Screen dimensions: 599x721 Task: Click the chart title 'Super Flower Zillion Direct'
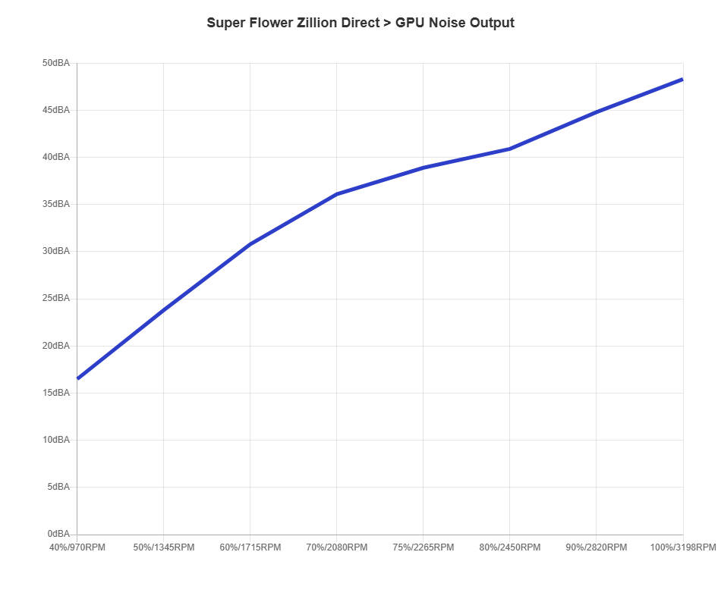pyautogui.click(x=292, y=23)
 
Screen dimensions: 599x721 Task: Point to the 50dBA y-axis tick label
pyautogui.click(x=56, y=63)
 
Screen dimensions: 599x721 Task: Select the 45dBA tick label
pyautogui.click(x=56, y=110)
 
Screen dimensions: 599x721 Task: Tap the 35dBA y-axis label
pyautogui.click(x=56, y=204)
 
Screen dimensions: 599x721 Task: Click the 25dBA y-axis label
pyautogui.click(x=56, y=298)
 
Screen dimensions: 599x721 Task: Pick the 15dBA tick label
pyautogui.click(x=56, y=393)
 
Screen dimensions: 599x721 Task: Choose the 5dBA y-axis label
pyautogui.click(x=58, y=487)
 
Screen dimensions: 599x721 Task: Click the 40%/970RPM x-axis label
pyautogui.click(x=77, y=547)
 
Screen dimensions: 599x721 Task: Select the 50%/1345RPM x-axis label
pyautogui.click(x=164, y=547)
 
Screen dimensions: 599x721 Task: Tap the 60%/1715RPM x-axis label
pyautogui.click(x=250, y=547)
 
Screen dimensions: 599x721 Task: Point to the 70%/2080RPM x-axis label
pyautogui.click(x=337, y=547)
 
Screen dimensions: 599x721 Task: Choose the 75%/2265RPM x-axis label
pyautogui.click(x=423, y=547)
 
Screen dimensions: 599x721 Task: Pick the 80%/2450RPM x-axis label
pyautogui.click(x=510, y=547)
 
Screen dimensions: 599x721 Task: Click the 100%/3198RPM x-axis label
pyautogui.click(x=683, y=547)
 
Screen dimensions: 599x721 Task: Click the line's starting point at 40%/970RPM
pyautogui.click(x=77, y=378)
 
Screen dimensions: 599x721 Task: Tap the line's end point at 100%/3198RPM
pyautogui.click(x=682, y=79)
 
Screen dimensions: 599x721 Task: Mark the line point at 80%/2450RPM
pyautogui.click(x=510, y=149)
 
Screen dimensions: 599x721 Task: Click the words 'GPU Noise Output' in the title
pyautogui.click(x=455, y=23)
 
